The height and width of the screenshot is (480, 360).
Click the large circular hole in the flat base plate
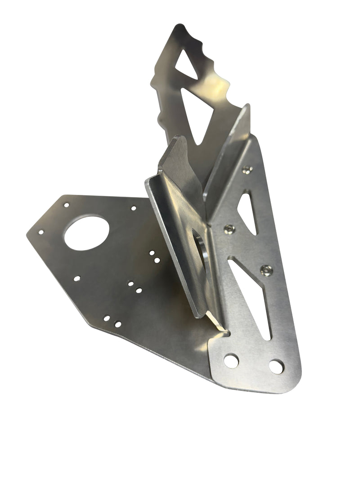(87, 233)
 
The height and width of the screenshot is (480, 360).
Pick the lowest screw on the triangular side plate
(266, 270)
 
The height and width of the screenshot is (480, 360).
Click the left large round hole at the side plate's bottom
(231, 360)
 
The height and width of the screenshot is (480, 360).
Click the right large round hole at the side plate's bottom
(276, 366)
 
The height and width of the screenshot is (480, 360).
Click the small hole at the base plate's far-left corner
(40, 233)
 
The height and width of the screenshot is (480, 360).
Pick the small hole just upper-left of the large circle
(66, 205)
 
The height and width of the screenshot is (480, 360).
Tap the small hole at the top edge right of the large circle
(134, 208)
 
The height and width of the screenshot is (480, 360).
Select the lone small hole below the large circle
(77, 278)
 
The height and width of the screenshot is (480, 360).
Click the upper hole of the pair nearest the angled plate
(152, 253)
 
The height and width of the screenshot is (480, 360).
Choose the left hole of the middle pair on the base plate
(130, 284)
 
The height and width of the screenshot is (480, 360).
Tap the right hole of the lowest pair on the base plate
(117, 324)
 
